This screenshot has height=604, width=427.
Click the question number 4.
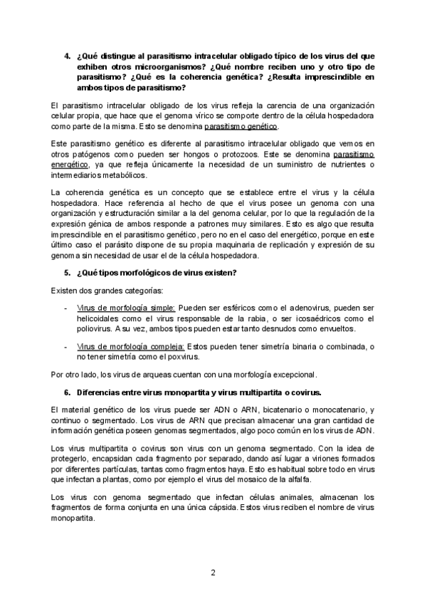tap(68, 55)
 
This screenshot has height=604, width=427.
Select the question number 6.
tap(68, 392)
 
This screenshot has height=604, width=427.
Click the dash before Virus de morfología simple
tap(65, 307)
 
